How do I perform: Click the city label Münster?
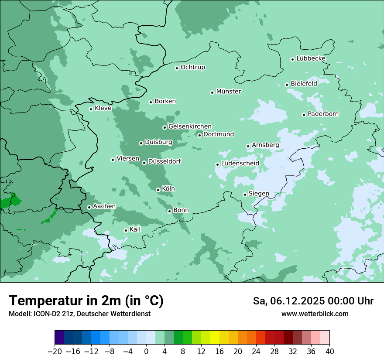(x=229, y=92)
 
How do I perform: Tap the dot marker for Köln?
(x=158, y=190)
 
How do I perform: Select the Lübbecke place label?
(x=311, y=58)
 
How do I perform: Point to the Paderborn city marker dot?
(x=304, y=115)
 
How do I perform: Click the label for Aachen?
(x=104, y=206)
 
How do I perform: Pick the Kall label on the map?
(x=135, y=229)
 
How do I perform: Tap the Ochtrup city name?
(x=193, y=67)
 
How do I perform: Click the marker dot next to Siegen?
(x=245, y=195)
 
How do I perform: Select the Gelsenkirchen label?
(x=190, y=126)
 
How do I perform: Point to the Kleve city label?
(x=103, y=108)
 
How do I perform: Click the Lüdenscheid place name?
(x=240, y=164)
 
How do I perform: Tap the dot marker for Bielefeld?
(x=287, y=85)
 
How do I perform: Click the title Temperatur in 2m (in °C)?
(x=86, y=301)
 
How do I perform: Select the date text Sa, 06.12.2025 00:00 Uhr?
(x=313, y=301)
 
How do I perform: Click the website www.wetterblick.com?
(x=315, y=314)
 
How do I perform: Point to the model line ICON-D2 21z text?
(x=79, y=314)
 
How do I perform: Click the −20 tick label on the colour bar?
(x=55, y=352)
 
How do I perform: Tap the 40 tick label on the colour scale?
(x=329, y=352)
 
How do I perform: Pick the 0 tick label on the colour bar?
(x=146, y=352)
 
